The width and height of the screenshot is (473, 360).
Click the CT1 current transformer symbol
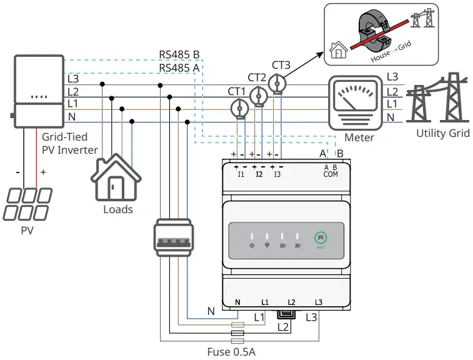238,108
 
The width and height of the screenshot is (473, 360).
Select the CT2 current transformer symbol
258,94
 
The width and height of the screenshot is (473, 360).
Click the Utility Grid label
443,133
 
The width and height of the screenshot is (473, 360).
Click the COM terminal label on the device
331,174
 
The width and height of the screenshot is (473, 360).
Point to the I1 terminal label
241,174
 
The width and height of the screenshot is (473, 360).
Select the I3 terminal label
277,174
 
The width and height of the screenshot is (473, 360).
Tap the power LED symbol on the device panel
251,246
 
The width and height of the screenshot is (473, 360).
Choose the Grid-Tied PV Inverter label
69,143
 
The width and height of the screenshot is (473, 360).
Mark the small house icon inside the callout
339,49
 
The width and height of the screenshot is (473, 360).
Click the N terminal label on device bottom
237,302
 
